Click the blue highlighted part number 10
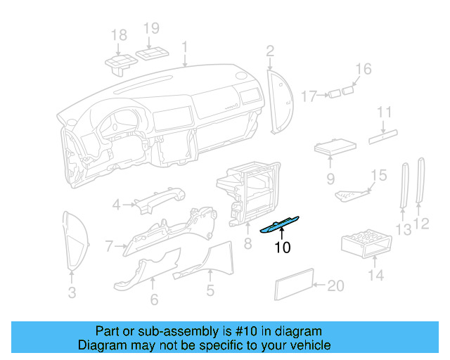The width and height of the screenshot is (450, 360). pos(281,224)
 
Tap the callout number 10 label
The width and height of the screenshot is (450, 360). pos(282,247)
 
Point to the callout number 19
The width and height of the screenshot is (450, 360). pos(152,29)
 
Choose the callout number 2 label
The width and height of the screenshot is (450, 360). pos(270,50)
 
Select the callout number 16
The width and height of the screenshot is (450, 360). pos(363,69)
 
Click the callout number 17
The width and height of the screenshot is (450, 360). pos(310,95)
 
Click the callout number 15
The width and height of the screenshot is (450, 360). pos(378,174)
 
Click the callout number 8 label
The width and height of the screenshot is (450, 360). pos(247,245)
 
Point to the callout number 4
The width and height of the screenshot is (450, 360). pos(117,205)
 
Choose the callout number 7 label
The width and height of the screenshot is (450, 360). pos(110,246)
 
